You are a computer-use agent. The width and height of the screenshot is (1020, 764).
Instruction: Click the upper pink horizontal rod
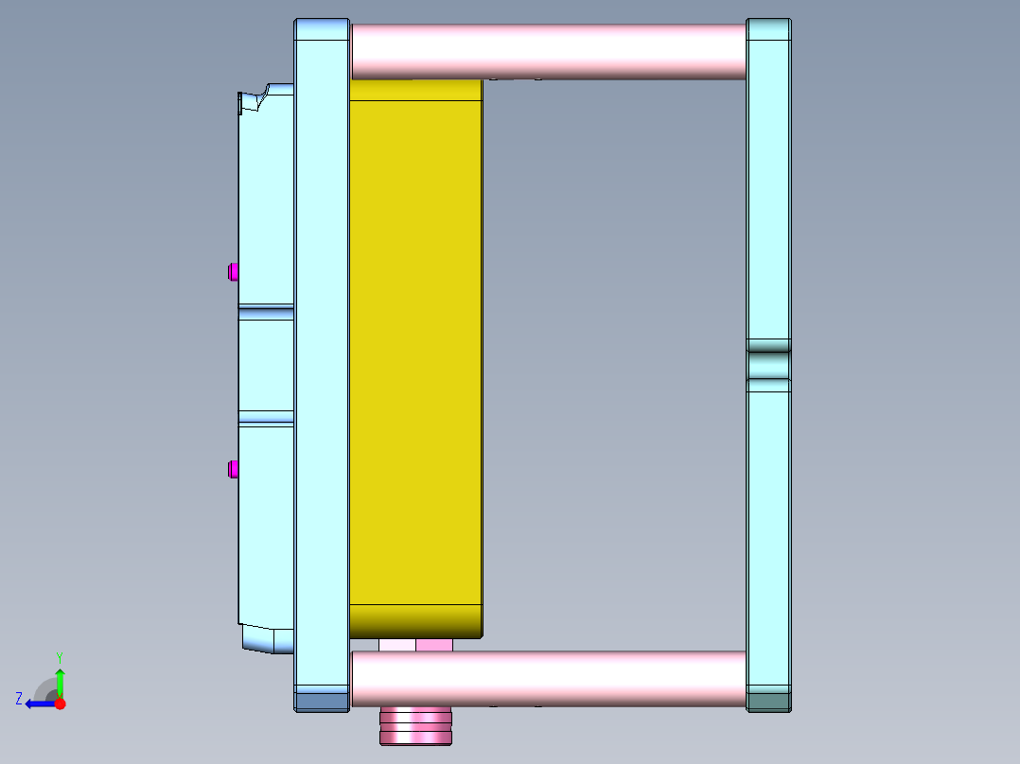tap(549, 51)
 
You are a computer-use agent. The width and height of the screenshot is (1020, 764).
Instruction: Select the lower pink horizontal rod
tap(549, 678)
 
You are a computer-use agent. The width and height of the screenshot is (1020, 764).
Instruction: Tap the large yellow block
tap(416, 350)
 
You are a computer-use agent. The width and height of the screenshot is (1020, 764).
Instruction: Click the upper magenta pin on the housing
tap(233, 272)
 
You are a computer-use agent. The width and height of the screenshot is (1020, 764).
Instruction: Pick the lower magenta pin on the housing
tap(233, 469)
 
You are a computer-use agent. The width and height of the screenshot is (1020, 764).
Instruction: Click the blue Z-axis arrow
tap(40, 703)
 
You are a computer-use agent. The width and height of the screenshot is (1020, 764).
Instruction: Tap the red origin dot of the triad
tap(60, 703)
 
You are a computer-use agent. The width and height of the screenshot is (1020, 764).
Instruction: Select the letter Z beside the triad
tap(19, 699)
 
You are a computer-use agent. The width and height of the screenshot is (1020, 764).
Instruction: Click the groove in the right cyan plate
tap(768, 365)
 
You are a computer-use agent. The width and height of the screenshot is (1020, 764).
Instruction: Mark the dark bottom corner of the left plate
tap(322, 701)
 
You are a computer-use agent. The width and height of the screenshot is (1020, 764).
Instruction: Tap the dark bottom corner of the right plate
tap(768, 701)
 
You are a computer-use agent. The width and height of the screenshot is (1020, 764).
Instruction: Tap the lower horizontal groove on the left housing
tap(266, 417)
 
